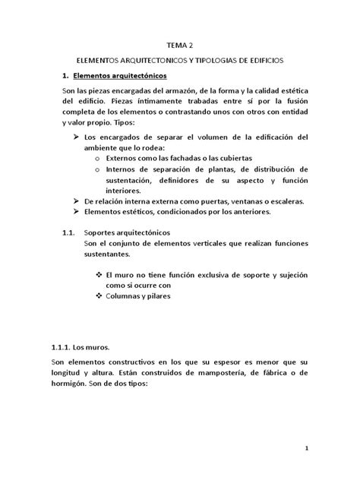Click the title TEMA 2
179,44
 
